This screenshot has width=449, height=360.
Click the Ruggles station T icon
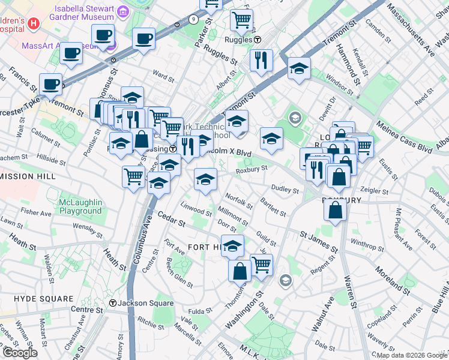(x=258, y=40)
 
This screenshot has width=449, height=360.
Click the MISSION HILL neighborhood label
(x=28, y=176)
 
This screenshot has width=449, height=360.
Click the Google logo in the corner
(x=20, y=352)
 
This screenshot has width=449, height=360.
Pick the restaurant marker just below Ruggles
(x=261, y=60)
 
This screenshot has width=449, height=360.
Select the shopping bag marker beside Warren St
(x=335, y=211)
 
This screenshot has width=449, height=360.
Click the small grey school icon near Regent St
(x=285, y=281)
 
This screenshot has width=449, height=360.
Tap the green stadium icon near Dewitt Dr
(x=295, y=117)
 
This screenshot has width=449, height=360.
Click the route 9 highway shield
(x=193, y=19)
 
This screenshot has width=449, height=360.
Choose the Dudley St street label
(x=286, y=190)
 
